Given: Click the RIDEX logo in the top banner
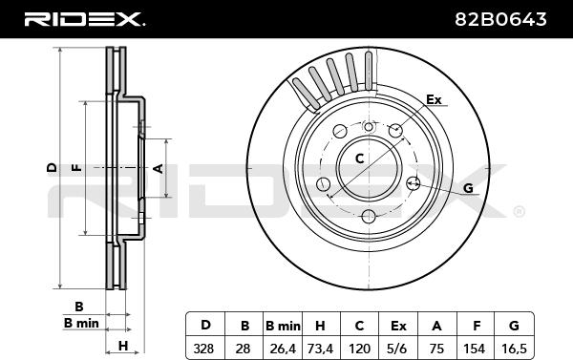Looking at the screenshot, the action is pos(84,19).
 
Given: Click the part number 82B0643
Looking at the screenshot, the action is pos(500,19).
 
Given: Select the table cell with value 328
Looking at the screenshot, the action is pos(205,348).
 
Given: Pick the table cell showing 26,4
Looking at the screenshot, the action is pos(283,348).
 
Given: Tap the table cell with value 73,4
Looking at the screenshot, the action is pos(321,348).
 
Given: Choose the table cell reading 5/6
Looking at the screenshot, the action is pos(398,348).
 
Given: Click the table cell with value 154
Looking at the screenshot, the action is pos(475,348).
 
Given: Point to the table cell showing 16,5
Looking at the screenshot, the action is pos(514,348).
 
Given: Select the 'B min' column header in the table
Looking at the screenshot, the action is pos(283,324).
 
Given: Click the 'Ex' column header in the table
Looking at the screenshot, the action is pos(398,324).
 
